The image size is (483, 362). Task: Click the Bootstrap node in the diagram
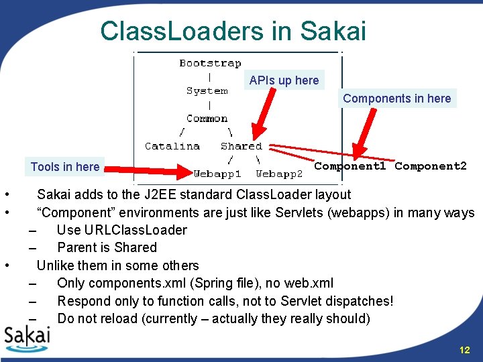210,63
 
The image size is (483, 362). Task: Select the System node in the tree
207,90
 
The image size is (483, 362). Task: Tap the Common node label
207,119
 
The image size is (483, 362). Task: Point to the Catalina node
172,145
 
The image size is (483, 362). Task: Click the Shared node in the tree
241,145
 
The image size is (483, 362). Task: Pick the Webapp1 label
217,174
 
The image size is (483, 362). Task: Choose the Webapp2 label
279,174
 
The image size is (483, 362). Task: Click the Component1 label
350,166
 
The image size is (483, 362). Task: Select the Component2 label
430,166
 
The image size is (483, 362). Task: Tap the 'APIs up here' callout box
284,80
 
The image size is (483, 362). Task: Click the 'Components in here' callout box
396,99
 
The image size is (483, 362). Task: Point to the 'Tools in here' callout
65,167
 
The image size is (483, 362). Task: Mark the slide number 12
464,351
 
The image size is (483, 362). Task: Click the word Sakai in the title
333,31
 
